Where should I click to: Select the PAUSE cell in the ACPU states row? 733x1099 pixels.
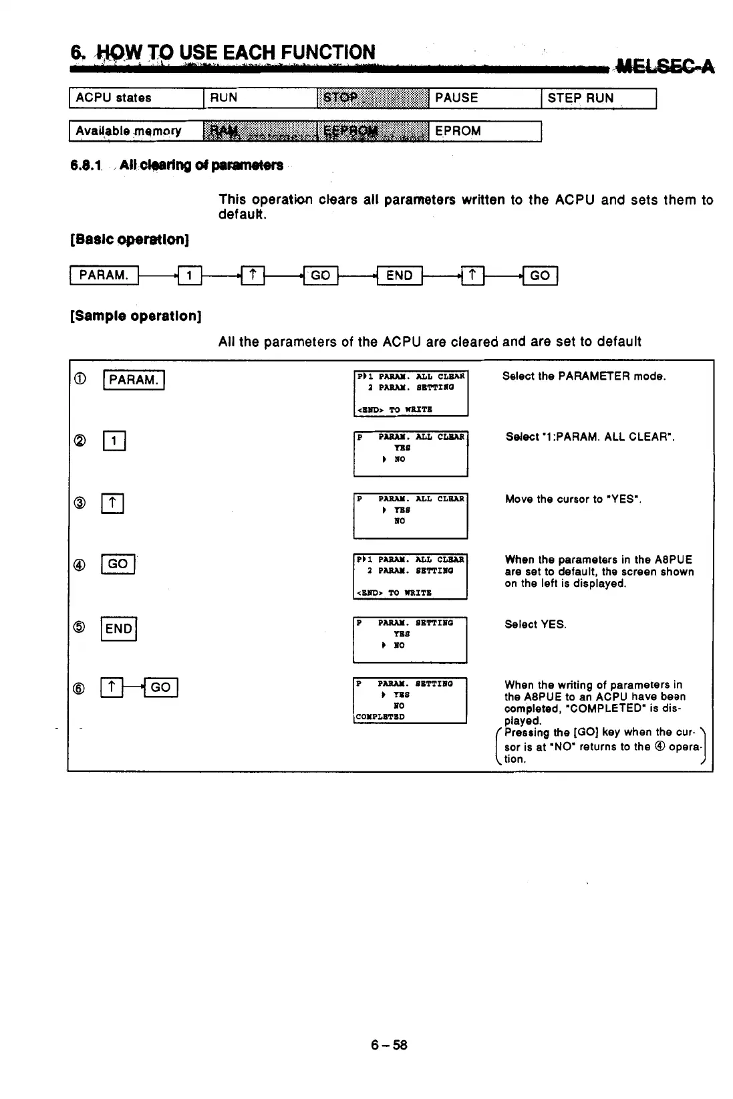pos(484,98)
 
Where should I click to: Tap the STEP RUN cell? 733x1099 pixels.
pos(598,98)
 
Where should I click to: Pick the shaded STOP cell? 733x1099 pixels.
pos(372,98)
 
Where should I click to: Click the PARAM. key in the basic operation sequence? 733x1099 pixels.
pos(104,275)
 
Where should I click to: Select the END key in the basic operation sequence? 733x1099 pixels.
pos(399,275)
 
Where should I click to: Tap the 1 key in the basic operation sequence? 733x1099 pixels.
pos(190,275)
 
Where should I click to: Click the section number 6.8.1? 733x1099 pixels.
pos(87,165)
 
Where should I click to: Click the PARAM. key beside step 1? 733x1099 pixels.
pos(134,380)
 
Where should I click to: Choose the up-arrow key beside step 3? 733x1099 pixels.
pos(112,503)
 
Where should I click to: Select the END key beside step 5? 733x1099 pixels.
pos(118,628)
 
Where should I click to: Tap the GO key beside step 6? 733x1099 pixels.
pos(160,687)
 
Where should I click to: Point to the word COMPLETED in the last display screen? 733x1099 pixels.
pos(380,717)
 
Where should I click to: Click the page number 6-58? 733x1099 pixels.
pos(389,1045)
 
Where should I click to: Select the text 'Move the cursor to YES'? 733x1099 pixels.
pos(573,499)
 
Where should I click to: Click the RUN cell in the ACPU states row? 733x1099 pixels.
pos(259,98)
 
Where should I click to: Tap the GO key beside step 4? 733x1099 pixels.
pos(118,564)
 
